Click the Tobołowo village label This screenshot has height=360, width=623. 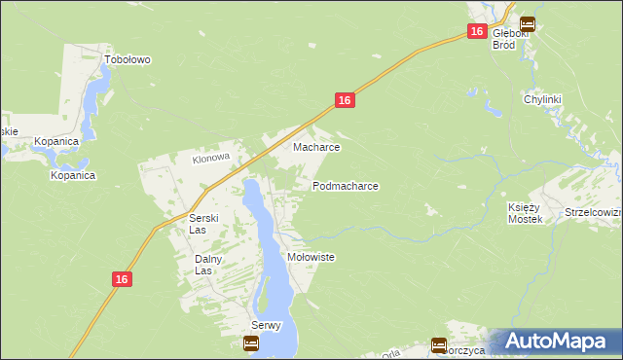(128, 59)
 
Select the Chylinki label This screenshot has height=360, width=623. (543, 99)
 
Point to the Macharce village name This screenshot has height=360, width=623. (316, 148)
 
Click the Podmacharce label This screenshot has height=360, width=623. (345, 185)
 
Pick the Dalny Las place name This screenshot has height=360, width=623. (209, 265)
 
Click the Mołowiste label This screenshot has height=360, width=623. (311, 257)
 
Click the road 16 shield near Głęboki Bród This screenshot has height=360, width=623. (475, 31)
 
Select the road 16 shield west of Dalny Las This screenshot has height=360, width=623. (120, 279)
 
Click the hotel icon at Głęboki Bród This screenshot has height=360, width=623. (527, 23)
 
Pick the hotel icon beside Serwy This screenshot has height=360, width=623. (250, 342)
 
